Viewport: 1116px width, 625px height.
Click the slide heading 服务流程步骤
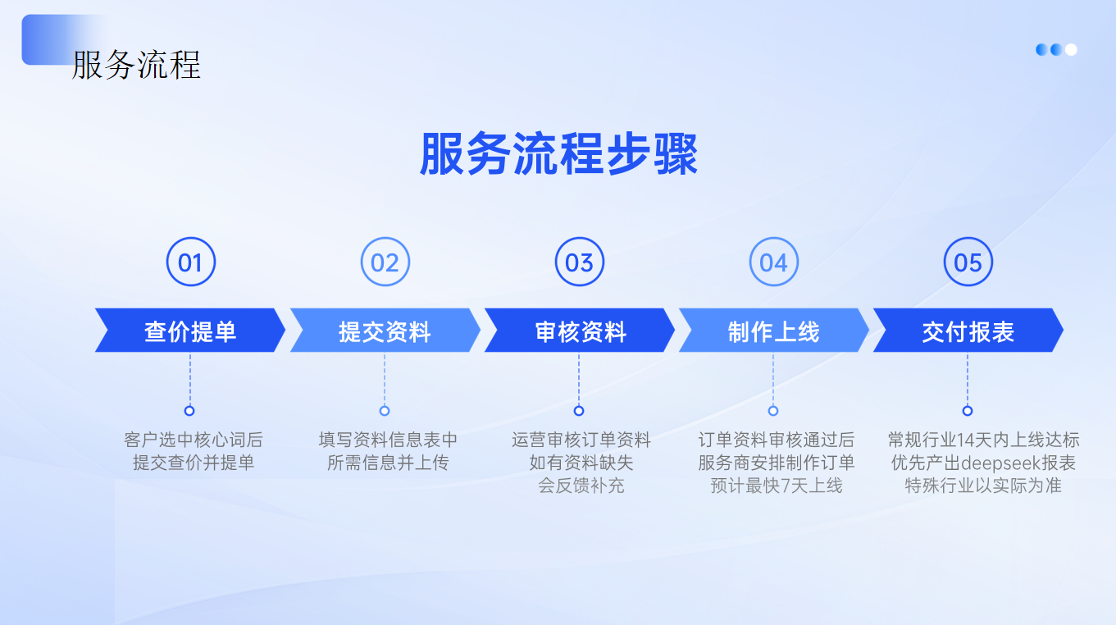[558, 153]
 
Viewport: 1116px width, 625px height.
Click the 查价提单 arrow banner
[190, 330]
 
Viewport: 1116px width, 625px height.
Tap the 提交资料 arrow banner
[385, 330]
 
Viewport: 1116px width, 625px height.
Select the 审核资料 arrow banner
[580, 330]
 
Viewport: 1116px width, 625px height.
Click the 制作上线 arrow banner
[774, 330]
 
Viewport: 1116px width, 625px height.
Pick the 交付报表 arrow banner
[968, 330]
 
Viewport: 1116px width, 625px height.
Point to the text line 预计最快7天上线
[777, 486]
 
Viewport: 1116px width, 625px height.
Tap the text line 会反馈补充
[581, 486]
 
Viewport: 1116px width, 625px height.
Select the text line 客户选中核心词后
[194, 440]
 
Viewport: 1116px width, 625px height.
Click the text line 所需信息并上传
[388, 463]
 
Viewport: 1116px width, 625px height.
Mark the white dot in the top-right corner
[1071, 50]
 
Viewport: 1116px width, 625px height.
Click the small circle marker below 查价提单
[189, 411]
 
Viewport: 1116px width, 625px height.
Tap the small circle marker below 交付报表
[968, 411]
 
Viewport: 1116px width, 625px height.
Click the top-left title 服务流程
[136, 65]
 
